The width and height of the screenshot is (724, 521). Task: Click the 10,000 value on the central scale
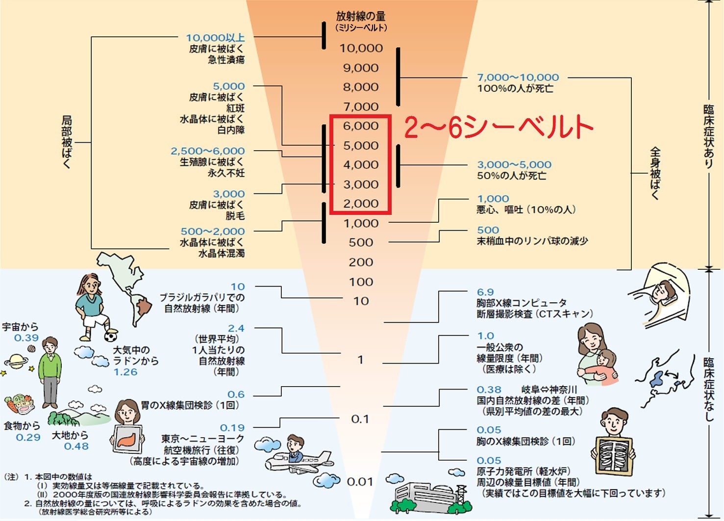pyautogui.click(x=361, y=48)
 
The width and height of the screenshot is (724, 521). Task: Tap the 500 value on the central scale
pyautogui.click(x=361, y=242)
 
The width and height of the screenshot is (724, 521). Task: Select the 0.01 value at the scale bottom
pyautogui.click(x=360, y=482)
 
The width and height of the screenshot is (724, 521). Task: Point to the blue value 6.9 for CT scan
pyautogui.click(x=485, y=292)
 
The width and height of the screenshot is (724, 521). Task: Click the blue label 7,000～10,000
pyautogui.click(x=518, y=77)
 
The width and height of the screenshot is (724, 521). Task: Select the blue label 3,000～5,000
pyautogui.click(x=514, y=164)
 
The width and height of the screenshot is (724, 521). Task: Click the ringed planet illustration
pyautogui.click(x=16, y=362)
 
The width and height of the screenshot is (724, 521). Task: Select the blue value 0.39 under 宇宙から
pyautogui.click(x=26, y=338)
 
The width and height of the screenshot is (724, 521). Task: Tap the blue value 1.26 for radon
pyautogui.click(x=125, y=372)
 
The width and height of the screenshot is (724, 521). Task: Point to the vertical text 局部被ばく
pyautogui.click(x=67, y=142)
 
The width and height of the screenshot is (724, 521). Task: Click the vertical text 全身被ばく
pyautogui.click(x=655, y=173)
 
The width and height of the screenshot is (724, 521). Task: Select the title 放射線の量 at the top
pyautogui.click(x=361, y=16)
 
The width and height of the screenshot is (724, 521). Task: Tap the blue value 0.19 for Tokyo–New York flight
pyautogui.click(x=232, y=427)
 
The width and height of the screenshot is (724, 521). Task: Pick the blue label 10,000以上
pyautogui.click(x=215, y=37)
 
